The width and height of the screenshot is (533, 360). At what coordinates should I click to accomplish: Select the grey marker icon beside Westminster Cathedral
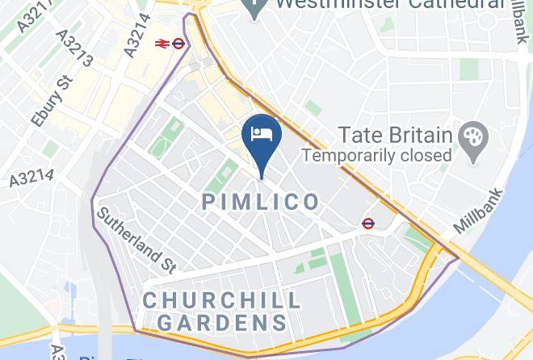point(256,9)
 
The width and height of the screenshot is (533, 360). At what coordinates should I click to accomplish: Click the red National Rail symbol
point(161,44)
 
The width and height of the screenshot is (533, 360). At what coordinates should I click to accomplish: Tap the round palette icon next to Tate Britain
point(468,135)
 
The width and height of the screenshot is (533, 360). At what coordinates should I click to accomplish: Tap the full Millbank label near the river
point(479,211)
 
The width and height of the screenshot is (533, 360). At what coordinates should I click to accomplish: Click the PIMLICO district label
point(261,202)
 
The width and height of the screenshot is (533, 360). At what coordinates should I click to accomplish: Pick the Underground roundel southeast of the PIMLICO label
point(368,224)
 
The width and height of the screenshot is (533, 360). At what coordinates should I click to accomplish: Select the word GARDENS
point(222,323)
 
